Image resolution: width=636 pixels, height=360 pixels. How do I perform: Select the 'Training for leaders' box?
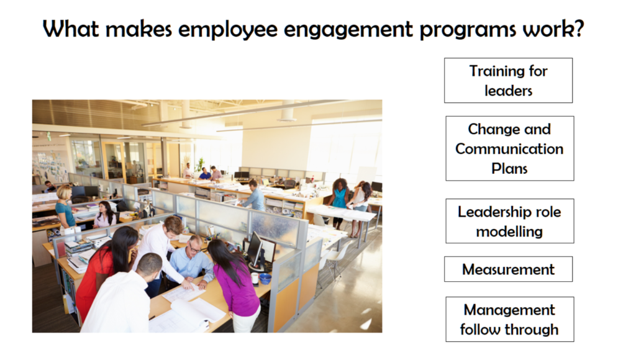(x=508, y=80)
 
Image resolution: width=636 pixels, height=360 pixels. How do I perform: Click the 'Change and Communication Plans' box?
(x=509, y=148)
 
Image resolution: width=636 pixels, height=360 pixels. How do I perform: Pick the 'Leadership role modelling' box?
(x=509, y=221)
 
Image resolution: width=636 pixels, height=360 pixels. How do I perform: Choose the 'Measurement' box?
(x=508, y=269)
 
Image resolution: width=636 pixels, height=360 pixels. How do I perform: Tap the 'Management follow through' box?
(x=509, y=320)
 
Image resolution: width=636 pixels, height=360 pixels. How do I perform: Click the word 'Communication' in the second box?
(x=509, y=149)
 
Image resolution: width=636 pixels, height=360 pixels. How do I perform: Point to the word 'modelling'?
(x=509, y=232)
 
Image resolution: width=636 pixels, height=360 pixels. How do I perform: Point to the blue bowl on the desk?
(x=265, y=279)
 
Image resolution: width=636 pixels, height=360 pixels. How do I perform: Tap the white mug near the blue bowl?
(x=255, y=277)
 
